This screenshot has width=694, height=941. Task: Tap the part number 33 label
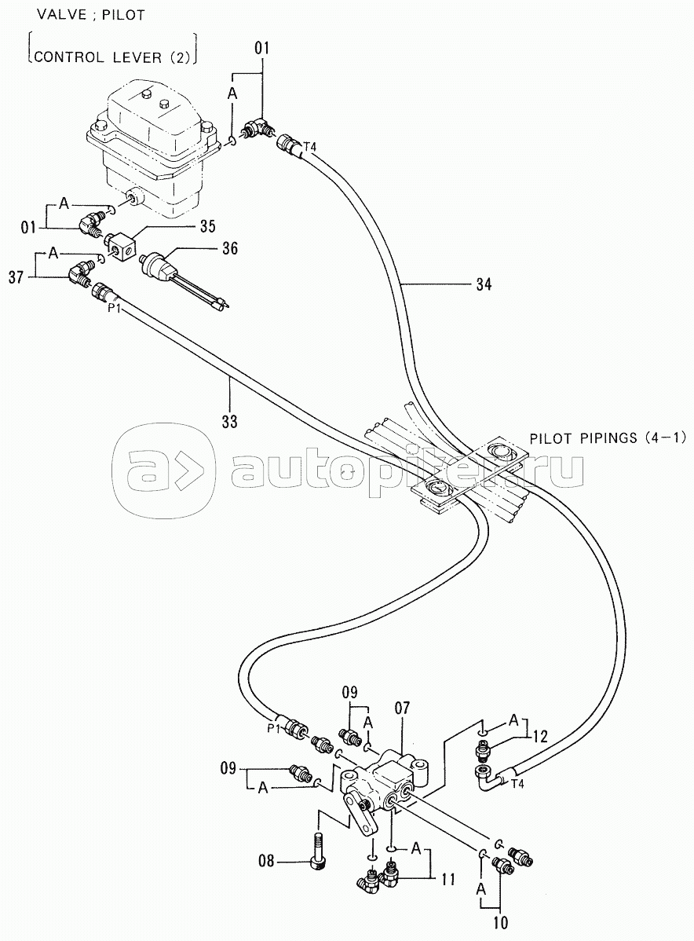229,420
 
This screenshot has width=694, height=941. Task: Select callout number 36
229,249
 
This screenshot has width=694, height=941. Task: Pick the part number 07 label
402,709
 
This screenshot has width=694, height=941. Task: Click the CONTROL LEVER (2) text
109,57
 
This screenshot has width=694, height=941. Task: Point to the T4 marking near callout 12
495,783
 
